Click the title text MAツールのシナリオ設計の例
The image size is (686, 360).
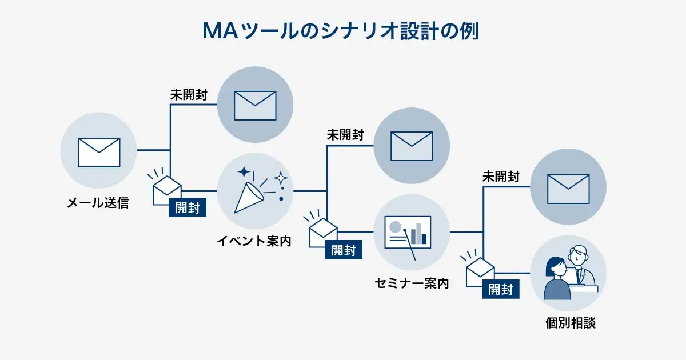point(341,31)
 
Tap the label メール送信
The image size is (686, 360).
point(98,202)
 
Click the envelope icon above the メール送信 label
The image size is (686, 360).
point(98,151)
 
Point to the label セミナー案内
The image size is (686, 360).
point(411,283)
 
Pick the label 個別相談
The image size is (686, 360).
point(570,323)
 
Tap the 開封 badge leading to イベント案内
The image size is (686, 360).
point(188,208)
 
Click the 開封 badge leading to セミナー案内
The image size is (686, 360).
point(344,250)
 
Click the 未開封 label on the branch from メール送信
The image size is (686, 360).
point(189,95)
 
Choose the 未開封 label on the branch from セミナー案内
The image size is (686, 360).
point(501,177)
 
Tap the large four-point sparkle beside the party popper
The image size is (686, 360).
point(245,172)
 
